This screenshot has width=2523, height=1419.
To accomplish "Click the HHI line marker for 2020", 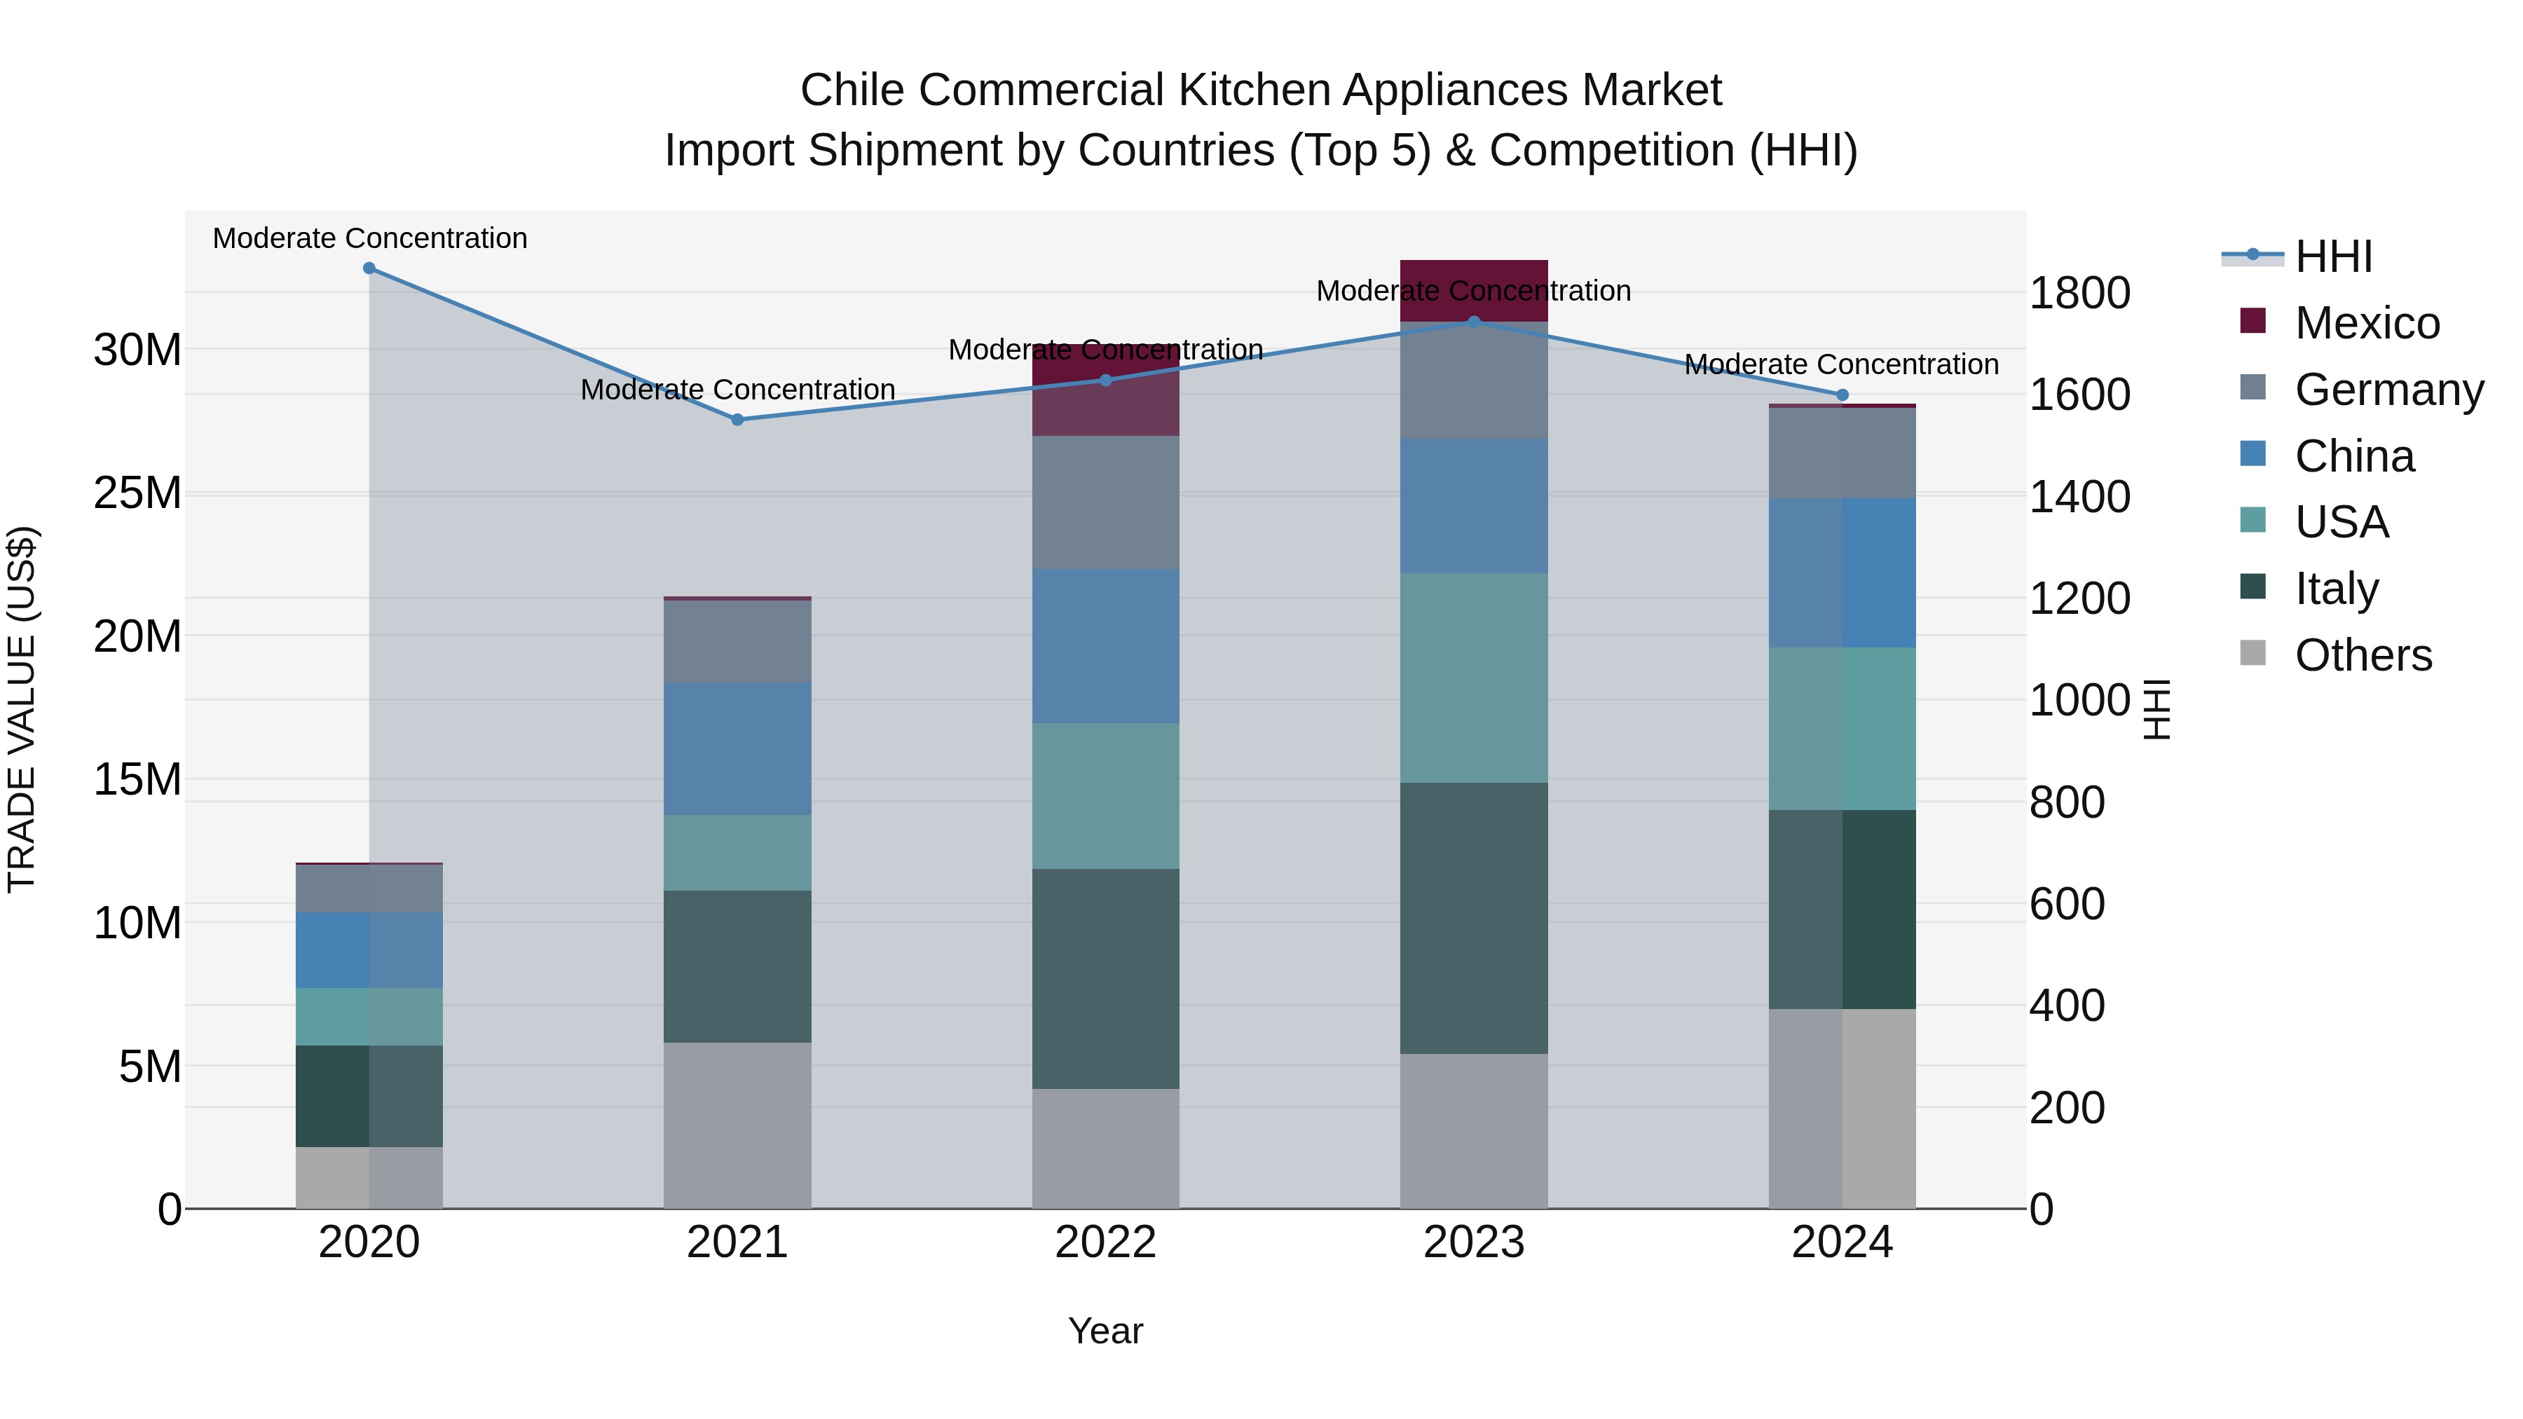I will (x=369, y=268).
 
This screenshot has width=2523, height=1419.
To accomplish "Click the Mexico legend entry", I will (x=2366, y=323).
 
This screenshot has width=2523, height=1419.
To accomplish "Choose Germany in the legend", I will (x=2388, y=390).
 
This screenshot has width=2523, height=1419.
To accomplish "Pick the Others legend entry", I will (x=2363, y=655).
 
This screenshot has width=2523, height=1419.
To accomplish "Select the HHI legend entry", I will (x=2333, y=256).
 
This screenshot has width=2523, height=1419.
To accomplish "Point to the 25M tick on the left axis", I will (x=137, y=493).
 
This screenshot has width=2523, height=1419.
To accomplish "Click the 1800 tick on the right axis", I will (x=2079, y=293).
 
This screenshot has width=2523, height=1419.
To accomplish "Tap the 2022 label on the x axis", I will (x=1106, y=1242).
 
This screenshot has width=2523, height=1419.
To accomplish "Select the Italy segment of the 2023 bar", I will (x=1473, y=917).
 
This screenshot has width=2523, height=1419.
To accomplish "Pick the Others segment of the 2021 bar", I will (x=737, y=1125).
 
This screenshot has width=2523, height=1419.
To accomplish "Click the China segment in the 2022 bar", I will (x=1106, y=646).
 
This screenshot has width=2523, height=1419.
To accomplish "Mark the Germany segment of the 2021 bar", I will (x=737, y=641).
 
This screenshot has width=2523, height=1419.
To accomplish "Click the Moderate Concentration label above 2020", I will (x=370, y=239).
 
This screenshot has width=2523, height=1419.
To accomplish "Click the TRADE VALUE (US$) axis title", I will (x=22, y=709).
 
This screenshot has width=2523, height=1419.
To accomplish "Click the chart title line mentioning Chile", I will (x=1261, y=90).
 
